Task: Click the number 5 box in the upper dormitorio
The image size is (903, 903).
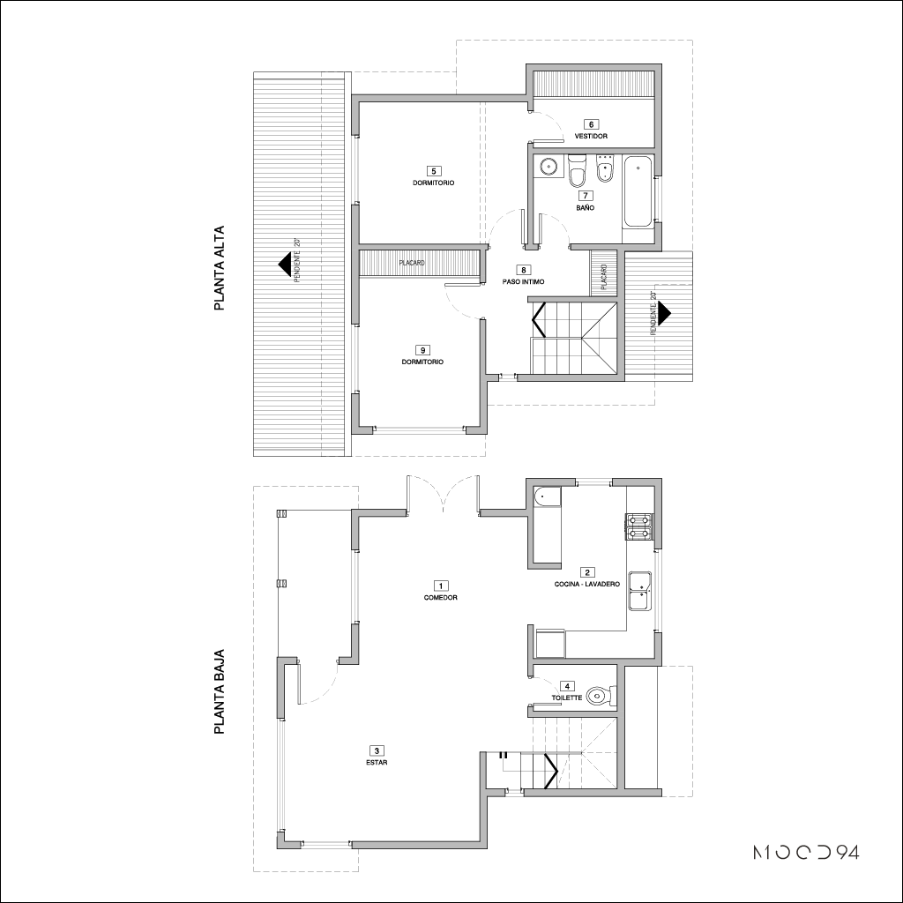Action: (433, 170)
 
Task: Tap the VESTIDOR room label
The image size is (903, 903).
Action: (591, 137)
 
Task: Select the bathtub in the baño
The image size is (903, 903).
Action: (638, 191)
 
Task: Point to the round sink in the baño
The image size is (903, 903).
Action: (548, 167)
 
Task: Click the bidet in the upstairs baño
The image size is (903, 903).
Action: (604, 168)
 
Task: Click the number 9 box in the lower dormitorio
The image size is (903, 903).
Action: (422, 350)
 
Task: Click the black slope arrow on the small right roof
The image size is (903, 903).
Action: (664, 311)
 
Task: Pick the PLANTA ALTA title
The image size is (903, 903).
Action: (219, 268)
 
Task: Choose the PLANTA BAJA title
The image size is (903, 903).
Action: (219, 691)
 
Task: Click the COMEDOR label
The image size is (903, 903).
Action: (441, 598)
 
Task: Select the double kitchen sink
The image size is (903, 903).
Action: (640, 590)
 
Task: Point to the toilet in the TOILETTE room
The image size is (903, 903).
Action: (601, 696)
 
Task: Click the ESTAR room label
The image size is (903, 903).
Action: (377, 763)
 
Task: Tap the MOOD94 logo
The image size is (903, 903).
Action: (806, 853)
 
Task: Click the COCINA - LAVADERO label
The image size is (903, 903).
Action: (586, 584)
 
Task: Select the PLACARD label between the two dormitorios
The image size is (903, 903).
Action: (411, 263)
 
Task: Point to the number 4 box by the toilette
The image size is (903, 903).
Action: (567, 686)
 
